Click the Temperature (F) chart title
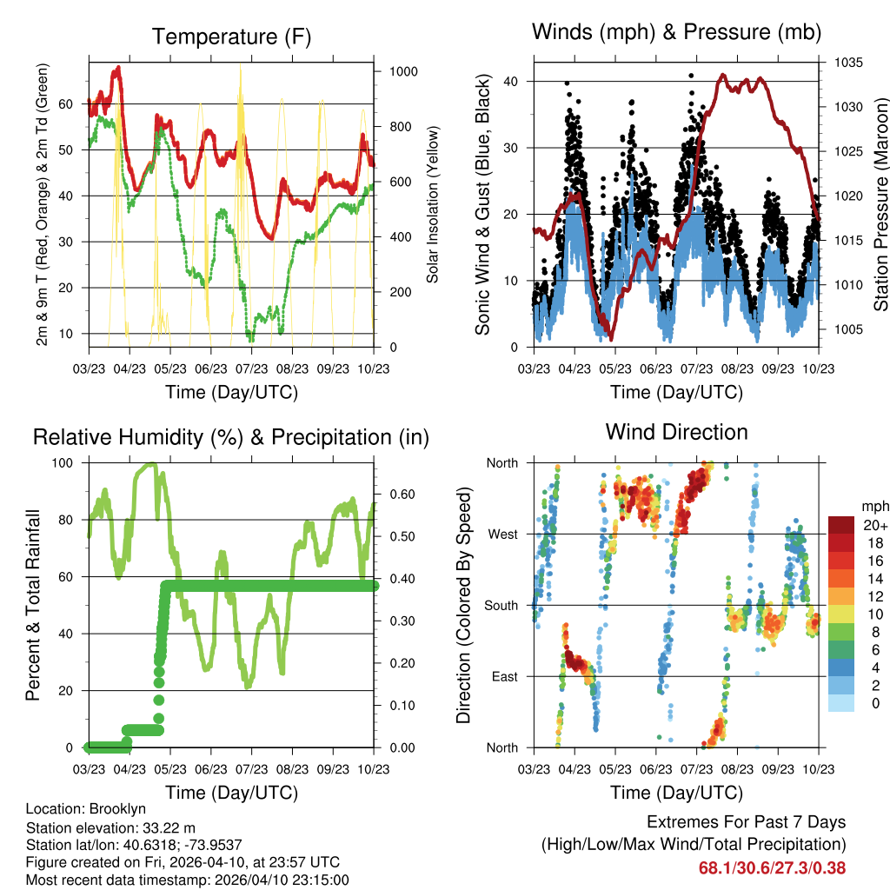point(231,37)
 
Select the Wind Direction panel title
point(676,432)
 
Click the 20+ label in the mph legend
point(871,526)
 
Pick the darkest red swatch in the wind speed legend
point(840,525)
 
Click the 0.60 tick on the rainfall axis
point(397,495)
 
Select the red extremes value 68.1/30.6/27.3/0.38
point(772,867)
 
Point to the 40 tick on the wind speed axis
point(514,82)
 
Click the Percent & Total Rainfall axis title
point(33,605)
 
